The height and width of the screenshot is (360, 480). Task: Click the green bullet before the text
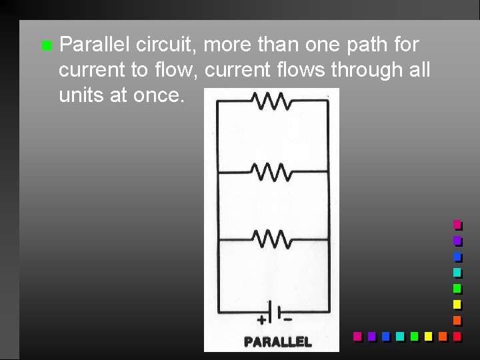click(45, 46)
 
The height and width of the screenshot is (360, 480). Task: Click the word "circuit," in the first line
click(167, 45)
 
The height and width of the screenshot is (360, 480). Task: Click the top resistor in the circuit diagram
click(271, 101)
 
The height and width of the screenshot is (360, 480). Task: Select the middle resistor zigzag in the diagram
click(271, 172)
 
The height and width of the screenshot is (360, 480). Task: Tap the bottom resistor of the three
click(271, 238)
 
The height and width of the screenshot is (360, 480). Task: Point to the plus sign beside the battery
click(261, 320)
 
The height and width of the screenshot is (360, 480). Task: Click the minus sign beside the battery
click(288, 319)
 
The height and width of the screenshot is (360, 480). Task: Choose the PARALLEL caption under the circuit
click(277, 341)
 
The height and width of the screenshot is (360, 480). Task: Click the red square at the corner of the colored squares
click(457, 337)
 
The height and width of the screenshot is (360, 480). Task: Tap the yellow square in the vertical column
click(457, 305)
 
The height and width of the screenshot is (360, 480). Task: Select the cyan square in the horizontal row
click(399, 337)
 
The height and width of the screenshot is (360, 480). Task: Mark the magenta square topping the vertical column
click(457, 225)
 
